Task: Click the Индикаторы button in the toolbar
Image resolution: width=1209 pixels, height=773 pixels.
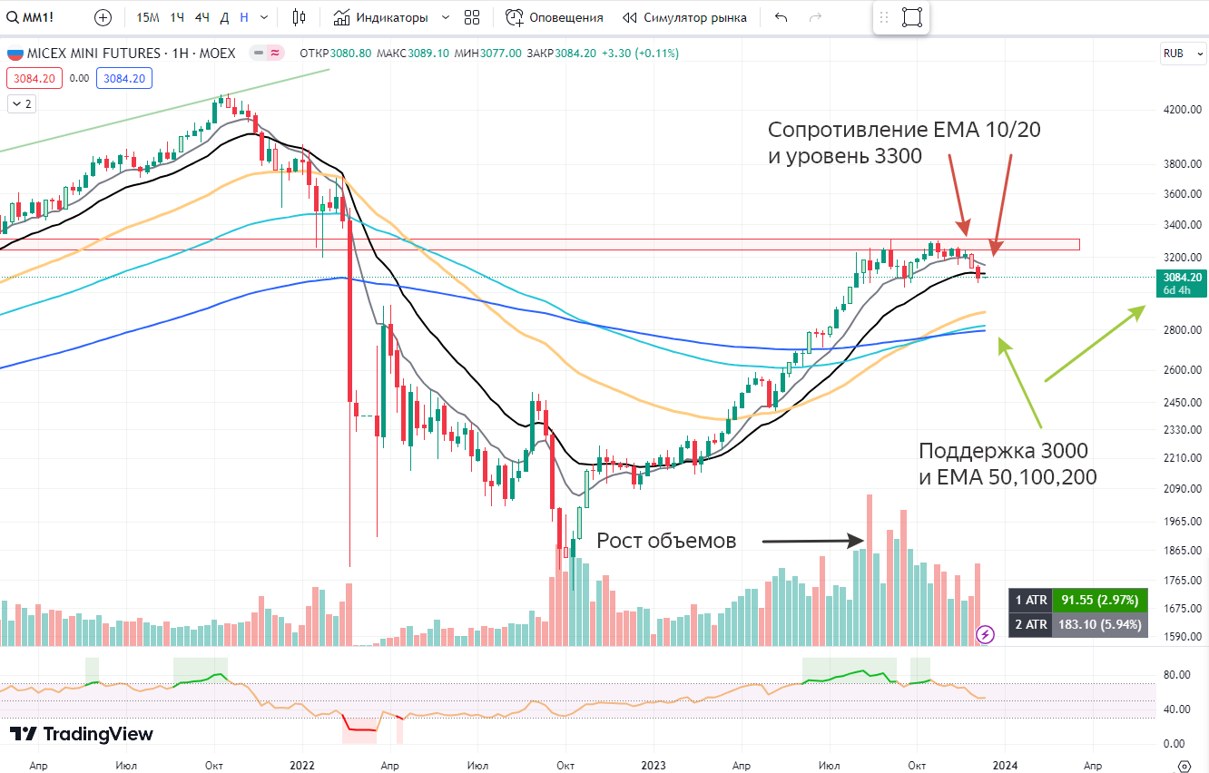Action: tap(390, 17)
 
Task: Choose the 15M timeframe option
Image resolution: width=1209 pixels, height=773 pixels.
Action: tap(148, 17)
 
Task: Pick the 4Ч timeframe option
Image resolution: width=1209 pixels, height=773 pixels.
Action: tap(201, 17)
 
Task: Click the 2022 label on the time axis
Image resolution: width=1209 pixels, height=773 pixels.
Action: tap(302, 765)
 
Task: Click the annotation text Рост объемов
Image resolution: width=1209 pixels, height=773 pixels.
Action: tap(666, 541)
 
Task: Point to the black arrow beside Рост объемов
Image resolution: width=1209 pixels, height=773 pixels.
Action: tap(811, 541)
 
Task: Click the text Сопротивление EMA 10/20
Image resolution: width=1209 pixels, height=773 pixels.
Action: tap(904, 130)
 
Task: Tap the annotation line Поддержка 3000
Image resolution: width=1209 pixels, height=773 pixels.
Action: tap(1003, 450)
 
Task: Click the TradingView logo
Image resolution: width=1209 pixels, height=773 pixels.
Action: tap(82, 734)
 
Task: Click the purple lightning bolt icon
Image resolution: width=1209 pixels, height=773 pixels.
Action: tap(985, 634)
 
